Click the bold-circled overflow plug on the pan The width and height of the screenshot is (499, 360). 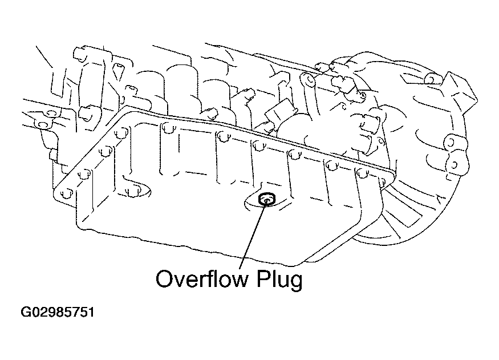[x=266, y=199]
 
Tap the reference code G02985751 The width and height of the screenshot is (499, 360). [x=58, y=313]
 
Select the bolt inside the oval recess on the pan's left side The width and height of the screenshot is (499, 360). [x=130, y=190]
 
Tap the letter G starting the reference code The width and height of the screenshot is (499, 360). [x=26, y=313]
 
